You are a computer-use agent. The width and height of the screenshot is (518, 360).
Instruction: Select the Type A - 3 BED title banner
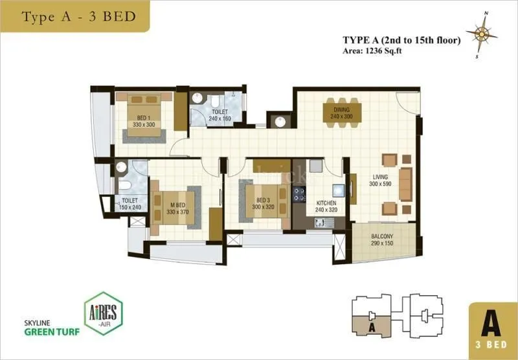tap(78, 16)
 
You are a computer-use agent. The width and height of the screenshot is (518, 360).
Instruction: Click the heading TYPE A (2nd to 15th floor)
tap(401, 40)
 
